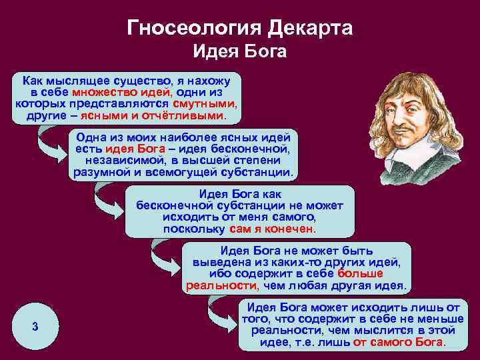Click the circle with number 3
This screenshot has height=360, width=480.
coord(35,326)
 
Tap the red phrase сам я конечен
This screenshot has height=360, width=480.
coord(271,229)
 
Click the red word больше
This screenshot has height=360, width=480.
coord(360,274)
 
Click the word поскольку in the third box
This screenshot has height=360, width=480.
coord(194,229)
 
